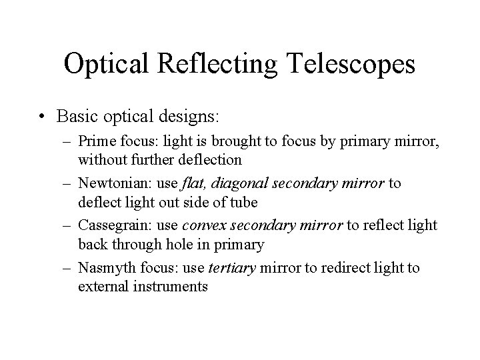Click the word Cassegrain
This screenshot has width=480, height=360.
pos(113,226)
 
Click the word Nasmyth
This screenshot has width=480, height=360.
pos(104,268)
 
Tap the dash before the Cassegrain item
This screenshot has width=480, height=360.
pos(70,226)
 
